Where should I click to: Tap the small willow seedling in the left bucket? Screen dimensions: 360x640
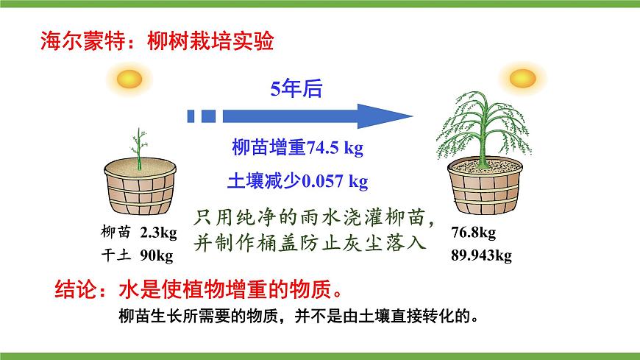[x=136, y=147]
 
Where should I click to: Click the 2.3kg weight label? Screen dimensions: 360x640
[x=158, y=233]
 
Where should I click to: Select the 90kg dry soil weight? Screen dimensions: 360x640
[x=155, y=256]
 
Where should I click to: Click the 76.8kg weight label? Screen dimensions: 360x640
[x=473, y=233]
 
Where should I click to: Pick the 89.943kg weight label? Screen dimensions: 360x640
[x=481, y=256]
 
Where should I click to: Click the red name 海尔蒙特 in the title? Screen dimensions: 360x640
[x=77, y=40]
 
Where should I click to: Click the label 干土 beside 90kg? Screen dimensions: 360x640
[x=116, y=256]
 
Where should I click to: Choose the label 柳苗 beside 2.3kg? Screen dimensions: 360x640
[x=116, y=233]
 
